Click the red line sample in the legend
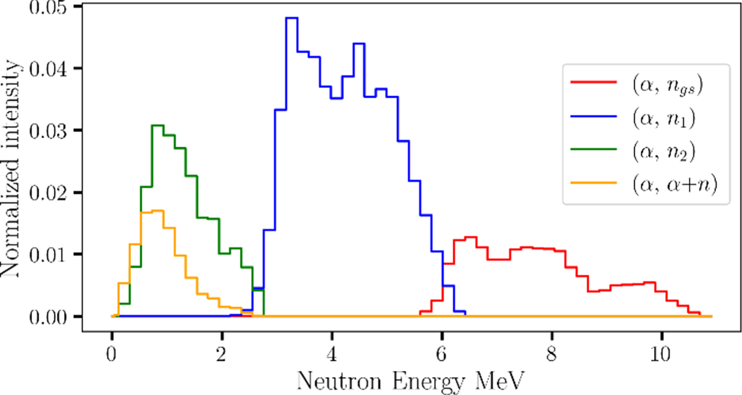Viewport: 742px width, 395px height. [x=593, y=81]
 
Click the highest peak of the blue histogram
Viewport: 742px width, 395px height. [x=292, y=18]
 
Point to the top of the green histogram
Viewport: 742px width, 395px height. [x=158, y=126]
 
